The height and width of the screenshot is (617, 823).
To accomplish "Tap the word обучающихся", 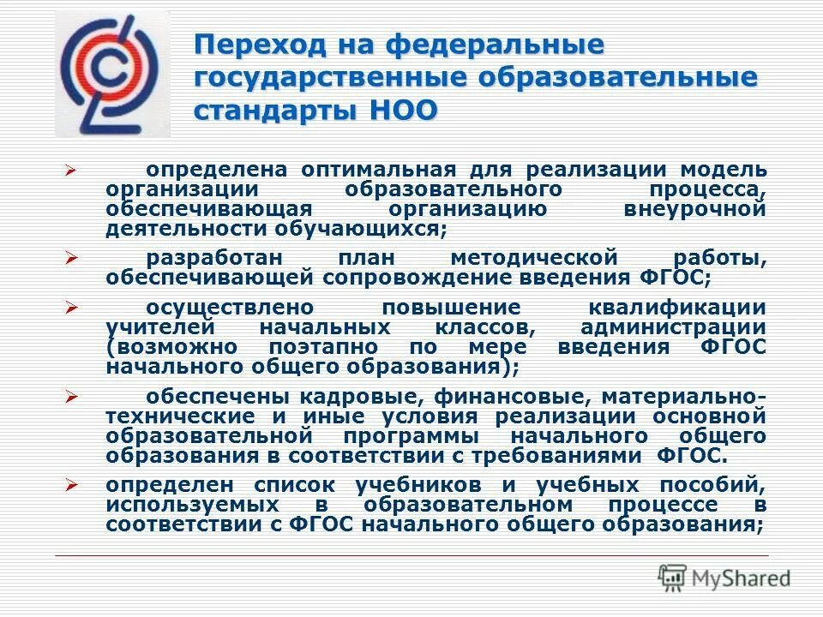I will (360, 229).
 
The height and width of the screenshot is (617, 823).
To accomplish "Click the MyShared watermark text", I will (735, 578).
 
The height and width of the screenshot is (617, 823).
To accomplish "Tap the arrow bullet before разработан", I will (72, 257).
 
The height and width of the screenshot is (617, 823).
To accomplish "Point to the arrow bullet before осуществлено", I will (72, 307).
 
